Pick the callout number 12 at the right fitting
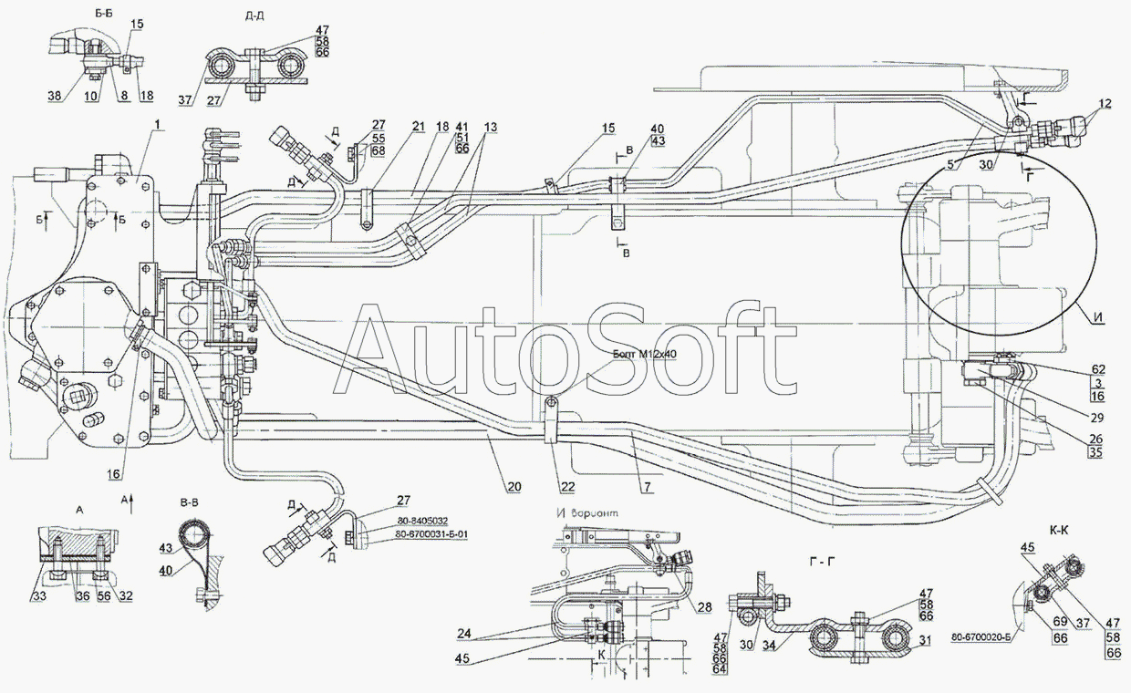(x=1105, y=106)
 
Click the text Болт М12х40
(x=646, y=355)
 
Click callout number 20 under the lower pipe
(x=514, y=488)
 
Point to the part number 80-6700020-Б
(x=987, y=637)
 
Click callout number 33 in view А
(x=37, y=596)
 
